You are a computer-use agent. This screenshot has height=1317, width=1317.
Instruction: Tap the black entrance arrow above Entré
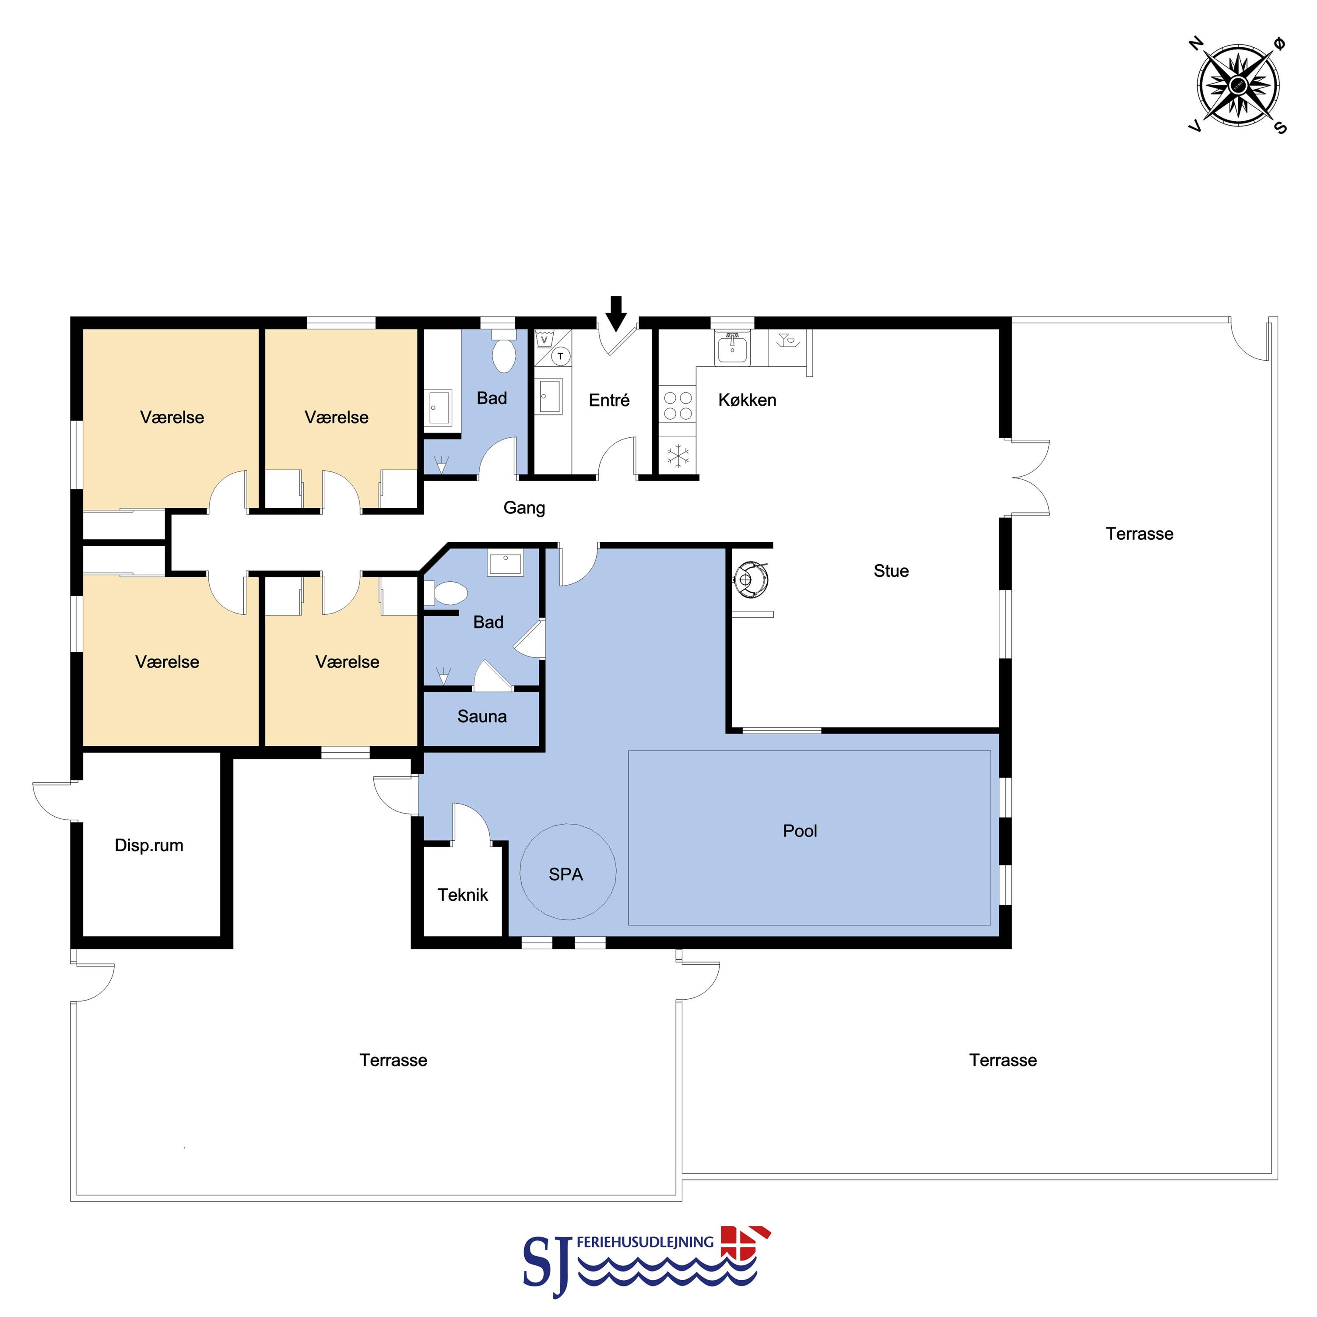616,313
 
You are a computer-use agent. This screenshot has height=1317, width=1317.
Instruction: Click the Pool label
800,831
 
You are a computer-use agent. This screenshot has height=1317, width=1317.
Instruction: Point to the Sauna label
482,716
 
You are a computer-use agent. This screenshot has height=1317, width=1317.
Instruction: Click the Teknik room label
463,895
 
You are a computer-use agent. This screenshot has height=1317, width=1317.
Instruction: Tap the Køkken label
747,400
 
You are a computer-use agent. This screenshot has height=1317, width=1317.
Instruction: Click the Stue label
891,571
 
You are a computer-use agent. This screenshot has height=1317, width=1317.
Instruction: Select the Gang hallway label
524,508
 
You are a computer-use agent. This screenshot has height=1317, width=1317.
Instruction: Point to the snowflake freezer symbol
678,456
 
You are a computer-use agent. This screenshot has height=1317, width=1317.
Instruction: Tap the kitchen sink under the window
732,348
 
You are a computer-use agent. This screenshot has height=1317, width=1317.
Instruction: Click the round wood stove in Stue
751,580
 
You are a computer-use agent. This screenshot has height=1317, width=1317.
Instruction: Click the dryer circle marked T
560,356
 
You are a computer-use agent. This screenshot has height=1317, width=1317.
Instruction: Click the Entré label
609,400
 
